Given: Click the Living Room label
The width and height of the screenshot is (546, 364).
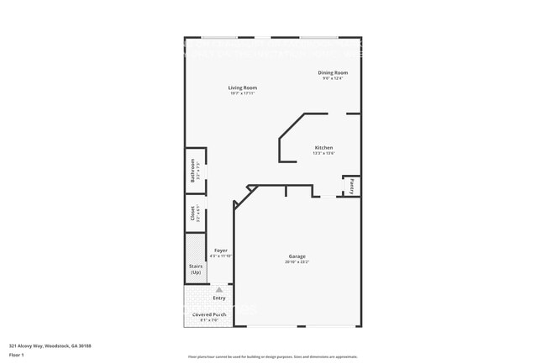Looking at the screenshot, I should [243, 87].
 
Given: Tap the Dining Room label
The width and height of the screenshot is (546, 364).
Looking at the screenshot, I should [333, 73].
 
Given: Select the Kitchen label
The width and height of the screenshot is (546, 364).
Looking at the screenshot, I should [324, 147].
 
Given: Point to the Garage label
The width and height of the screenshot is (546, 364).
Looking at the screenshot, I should [297, 256].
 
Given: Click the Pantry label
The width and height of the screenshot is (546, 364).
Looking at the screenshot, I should [352, 186].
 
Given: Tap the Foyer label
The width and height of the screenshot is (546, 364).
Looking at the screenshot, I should [220, 250].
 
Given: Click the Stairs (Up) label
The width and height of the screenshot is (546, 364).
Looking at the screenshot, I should [196, 270].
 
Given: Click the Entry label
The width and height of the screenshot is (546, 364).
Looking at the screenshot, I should [219, 298].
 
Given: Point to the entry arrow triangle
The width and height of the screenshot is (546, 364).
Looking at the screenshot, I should [219, 289].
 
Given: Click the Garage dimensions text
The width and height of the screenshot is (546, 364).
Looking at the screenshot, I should [297, 262].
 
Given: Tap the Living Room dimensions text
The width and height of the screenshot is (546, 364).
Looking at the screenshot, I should [243, 93].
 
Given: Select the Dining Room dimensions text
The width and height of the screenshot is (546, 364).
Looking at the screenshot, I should [333, 79].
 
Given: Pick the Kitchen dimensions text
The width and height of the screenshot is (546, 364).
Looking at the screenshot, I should [324, 153].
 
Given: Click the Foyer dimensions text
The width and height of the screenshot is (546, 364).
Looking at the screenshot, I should [220, 256].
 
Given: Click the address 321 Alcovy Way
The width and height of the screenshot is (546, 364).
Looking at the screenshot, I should [50, 346].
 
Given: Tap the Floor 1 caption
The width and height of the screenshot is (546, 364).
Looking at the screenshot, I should [17, 356].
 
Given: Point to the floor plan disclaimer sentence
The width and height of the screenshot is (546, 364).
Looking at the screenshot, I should [272, 356].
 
